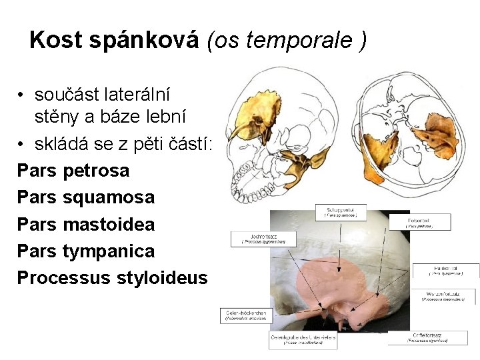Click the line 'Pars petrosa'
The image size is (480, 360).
(73, 171)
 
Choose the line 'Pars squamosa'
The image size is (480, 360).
(85, 197)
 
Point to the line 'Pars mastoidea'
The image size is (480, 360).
(85, 224)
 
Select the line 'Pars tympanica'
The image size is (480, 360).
(85, 251)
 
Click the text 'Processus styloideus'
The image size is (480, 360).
(112, 278)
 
